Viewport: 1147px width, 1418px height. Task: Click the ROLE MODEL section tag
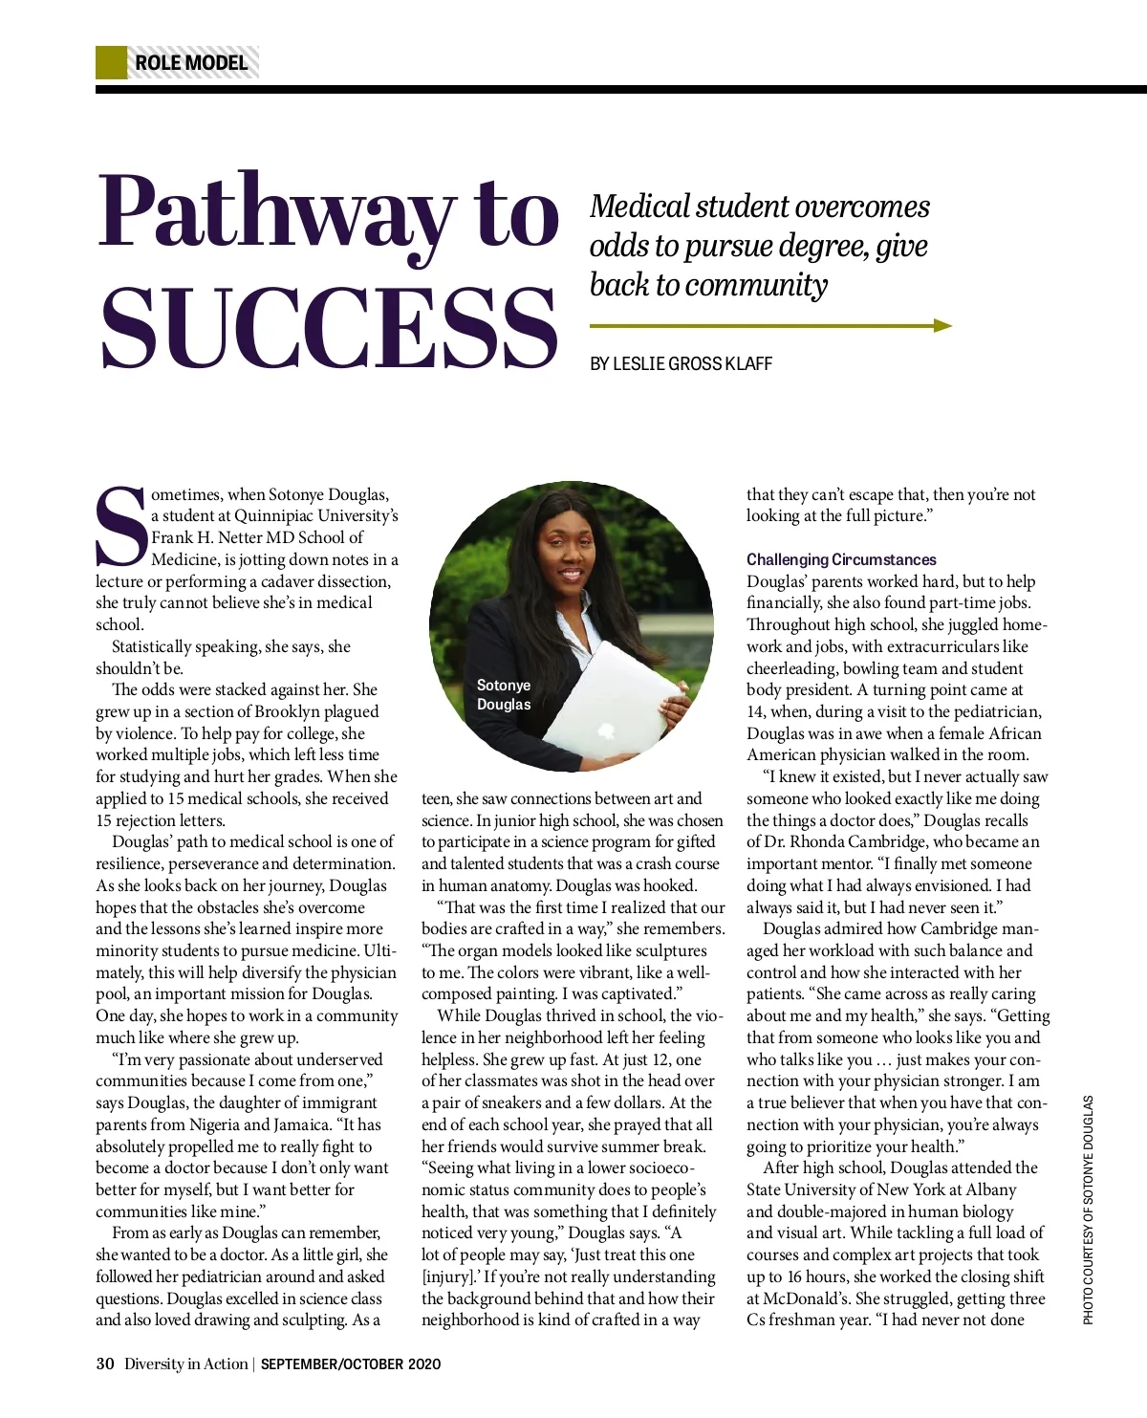(191, 63)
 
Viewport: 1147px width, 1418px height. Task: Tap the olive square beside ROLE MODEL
(111, 63)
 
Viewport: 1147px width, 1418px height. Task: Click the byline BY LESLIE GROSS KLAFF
(681, 364)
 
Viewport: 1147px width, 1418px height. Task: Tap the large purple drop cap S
(121, 529)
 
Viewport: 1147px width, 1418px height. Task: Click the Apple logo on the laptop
(605, 731)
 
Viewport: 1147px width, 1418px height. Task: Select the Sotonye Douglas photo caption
(504, 695)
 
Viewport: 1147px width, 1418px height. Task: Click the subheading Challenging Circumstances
(841, 559)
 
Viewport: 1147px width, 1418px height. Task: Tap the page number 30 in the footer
(105, 1363)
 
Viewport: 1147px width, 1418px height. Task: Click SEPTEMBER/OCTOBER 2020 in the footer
(351, 1364)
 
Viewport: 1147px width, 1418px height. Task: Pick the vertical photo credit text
(1088, 1210)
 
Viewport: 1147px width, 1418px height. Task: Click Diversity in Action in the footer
(185, 1363)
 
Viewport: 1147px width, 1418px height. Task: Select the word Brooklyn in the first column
(342, 711)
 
